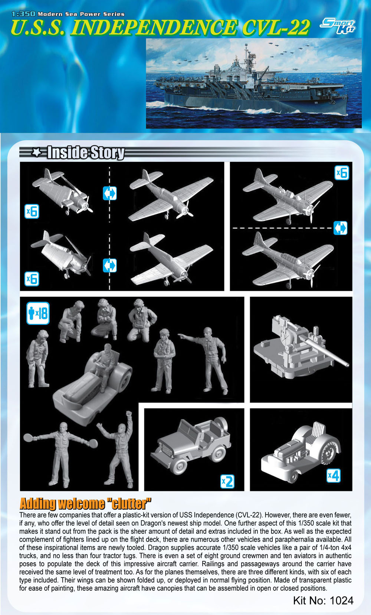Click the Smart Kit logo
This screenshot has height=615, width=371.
pyautogui.click(x=338, y=26)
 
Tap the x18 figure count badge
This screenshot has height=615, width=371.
pyautogui.click(x=38, y=313)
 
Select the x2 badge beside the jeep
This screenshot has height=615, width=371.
pyautogui.click(x=227, y=481)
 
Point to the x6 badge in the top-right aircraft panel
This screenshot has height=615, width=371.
pyautogui.click(x=342, y=173)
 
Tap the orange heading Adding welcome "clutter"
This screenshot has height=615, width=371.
pyautogui.click(x=85, y=503)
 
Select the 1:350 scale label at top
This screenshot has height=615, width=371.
pyautogui.click(x=24, y=13)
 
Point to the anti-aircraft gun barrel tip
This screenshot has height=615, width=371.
pyautogui.click(x=347, y=365)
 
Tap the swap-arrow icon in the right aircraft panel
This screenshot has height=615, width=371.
pyautogui.click(x=340, y=228)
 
